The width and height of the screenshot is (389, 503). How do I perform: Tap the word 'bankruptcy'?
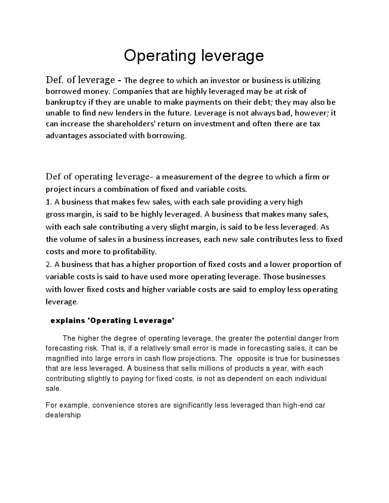(x=66, y=102)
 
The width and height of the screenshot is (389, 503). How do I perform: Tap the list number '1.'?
(x=49, y=202)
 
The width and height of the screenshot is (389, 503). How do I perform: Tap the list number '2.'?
(x=49, y=264)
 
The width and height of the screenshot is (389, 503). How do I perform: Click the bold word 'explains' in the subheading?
(x=66, y=321)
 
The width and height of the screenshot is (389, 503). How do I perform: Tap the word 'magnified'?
(x=63, y=358)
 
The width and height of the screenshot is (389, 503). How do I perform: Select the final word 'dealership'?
(x=63, y=414)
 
